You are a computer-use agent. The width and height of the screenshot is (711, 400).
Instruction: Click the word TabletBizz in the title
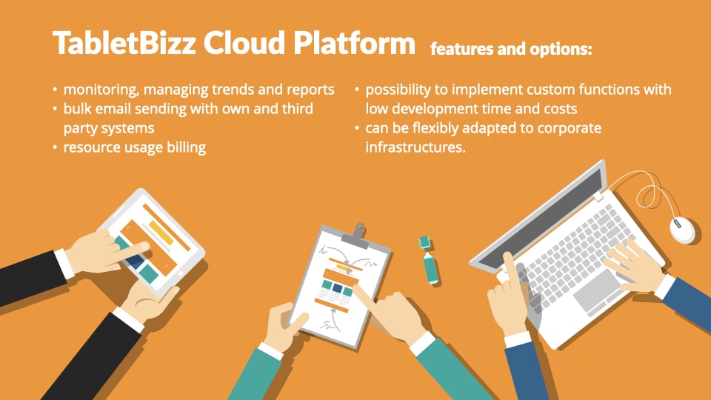click(x=124, y=43)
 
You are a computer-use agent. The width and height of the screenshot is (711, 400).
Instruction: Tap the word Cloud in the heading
click(x=244, y=43)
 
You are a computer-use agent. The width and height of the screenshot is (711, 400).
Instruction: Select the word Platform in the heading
click(x=354, y=43)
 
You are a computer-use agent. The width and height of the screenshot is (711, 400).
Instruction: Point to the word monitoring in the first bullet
click(x=101, y=90)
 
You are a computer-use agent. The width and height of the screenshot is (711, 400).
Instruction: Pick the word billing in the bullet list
click(x=187, y=148)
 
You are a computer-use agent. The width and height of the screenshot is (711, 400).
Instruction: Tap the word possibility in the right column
click(x=398, y=90)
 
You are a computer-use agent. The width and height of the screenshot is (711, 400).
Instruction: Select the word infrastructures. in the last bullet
click(x=415, y=147)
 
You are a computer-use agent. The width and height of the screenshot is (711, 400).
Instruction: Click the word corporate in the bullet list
click(x=569, y=128)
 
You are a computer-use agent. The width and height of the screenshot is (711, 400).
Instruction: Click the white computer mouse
click(x=682, y=230)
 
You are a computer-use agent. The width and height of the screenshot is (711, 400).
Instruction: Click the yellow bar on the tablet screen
click(x=161, y=233)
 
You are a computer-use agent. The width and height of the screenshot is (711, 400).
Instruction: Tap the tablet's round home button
click(x=181, y=273)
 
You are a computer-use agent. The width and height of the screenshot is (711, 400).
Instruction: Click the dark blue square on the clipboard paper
click(x=338, y=288)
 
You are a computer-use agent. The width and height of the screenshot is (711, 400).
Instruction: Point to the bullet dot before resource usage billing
click(x=55, y=147)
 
